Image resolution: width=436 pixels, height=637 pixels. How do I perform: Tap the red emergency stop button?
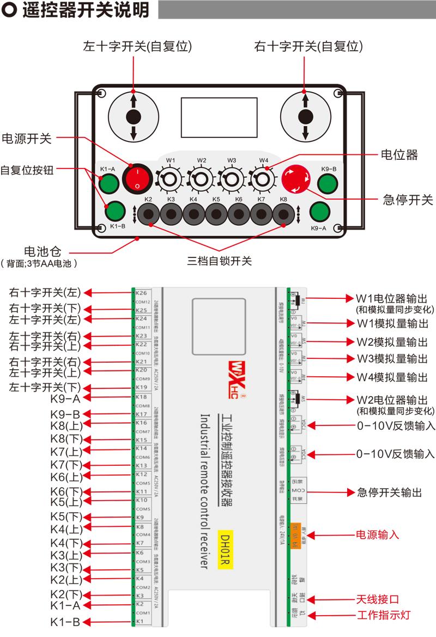point(296,178)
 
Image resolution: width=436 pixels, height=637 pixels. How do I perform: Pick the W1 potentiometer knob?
point(170,178)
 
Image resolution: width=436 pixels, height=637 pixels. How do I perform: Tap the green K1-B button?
point(115,210)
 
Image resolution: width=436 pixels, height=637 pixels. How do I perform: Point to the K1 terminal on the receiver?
point(141,621)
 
